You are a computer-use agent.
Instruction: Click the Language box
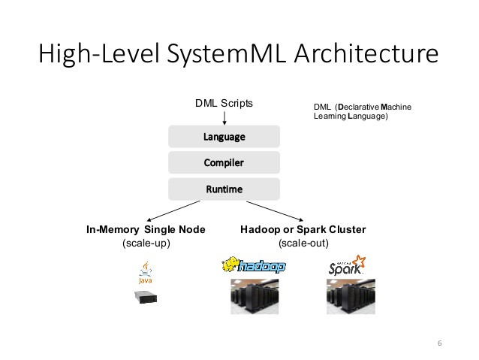click(x=224, y=136)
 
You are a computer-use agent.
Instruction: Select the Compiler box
click(x=224, y=162)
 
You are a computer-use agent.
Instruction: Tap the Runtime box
click(x=224, y=189)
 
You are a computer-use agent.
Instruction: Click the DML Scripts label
click(x=224, y=103)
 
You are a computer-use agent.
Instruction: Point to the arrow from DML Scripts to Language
click(x=224, y=117)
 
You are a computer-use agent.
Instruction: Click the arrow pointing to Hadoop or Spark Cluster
click(x=274, y=210)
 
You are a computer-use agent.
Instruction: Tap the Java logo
click(x=143, y=274)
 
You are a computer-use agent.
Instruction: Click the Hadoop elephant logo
click(x=254, y=266)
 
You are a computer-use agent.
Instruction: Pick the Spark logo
click(x=348, y=266)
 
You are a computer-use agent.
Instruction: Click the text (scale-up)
click(x=146, y=244)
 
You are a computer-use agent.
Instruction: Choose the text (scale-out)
click(x=303, y=244)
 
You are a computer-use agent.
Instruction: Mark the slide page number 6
click(x=439, y=343)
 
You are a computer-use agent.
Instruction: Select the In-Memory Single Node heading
click(x=146, y=229)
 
